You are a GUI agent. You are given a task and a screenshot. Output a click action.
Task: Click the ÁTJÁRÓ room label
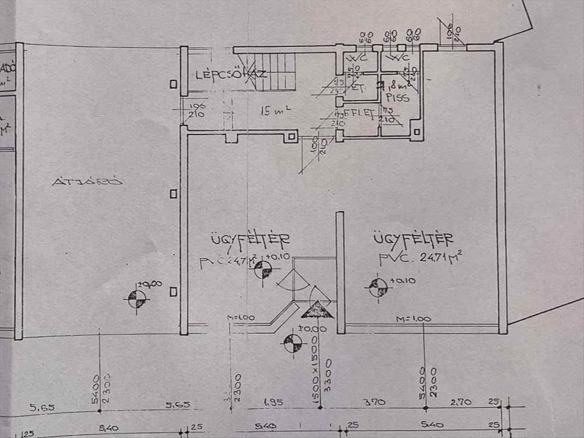(x=87, y=182)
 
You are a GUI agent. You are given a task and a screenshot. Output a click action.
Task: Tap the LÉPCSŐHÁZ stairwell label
(x=231, y=75)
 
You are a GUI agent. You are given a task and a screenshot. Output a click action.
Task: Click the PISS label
(x=398, y=98)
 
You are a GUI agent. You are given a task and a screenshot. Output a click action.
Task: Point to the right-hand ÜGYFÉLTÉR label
(x=414, y=239)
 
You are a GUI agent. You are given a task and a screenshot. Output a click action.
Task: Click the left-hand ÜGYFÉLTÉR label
(x=250, y=239)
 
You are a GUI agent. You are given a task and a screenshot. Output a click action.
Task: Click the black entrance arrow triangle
(x=317, y=310)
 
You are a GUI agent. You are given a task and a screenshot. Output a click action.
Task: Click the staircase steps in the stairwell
(x=277, y=72)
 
